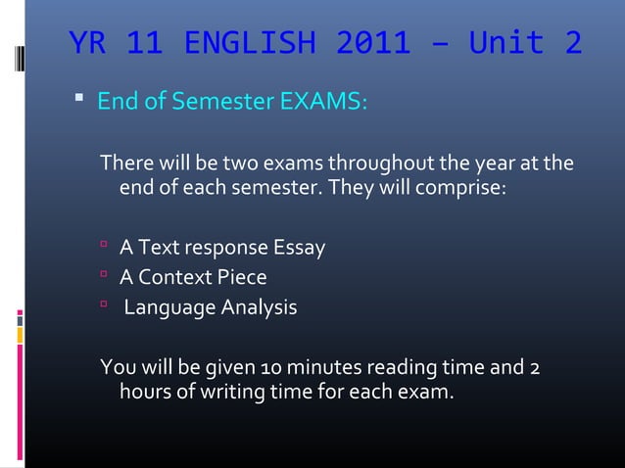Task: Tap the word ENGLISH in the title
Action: (249, 44)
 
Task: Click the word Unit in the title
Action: (495, 44)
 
